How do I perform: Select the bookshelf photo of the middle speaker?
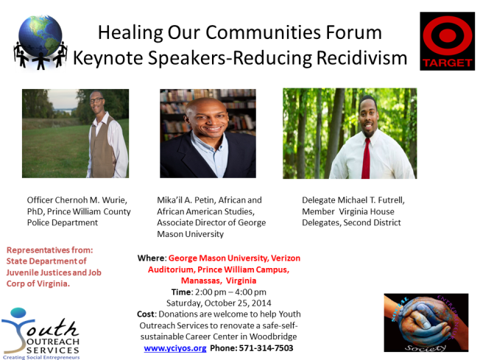pyautogui.click(x=208, y=133)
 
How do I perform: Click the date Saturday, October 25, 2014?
pyautogui.click(x=219, y=303)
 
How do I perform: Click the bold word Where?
pyautogui.click(x=151, y=258)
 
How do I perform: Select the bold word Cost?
pyautogui.click(x=147, y=314)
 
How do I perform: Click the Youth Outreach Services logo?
pyautogui.click(x=40, y=331)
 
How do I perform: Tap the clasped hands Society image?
pyautogui.click(x=415, y=322)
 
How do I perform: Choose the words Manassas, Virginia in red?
pyautogui.click(x=219, y=280)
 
